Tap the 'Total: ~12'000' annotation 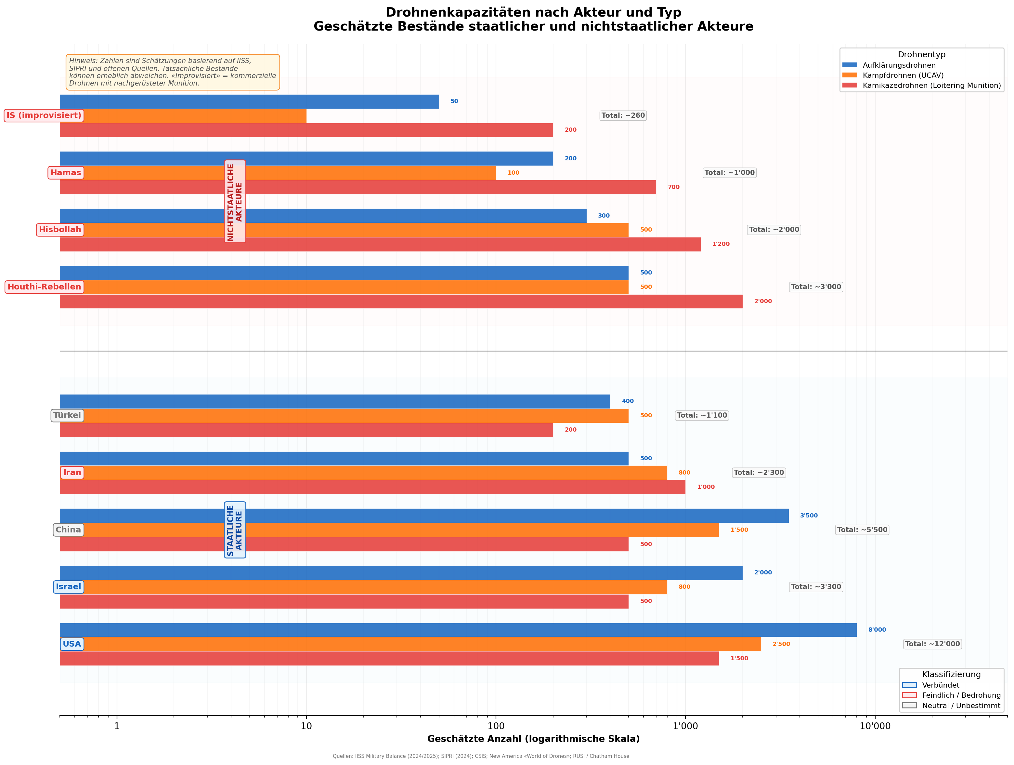[x=932, y=644]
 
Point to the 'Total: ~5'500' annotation [x=862, y=530]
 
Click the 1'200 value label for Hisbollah [x=720, y=244]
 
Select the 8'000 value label [x=877, y=630]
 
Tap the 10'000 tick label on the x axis [x=875, y=726]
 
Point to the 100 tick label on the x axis [x=496, y=726]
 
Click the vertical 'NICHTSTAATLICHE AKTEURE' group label [x=235, y=201]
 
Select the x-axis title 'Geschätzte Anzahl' [x=533, y=739]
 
